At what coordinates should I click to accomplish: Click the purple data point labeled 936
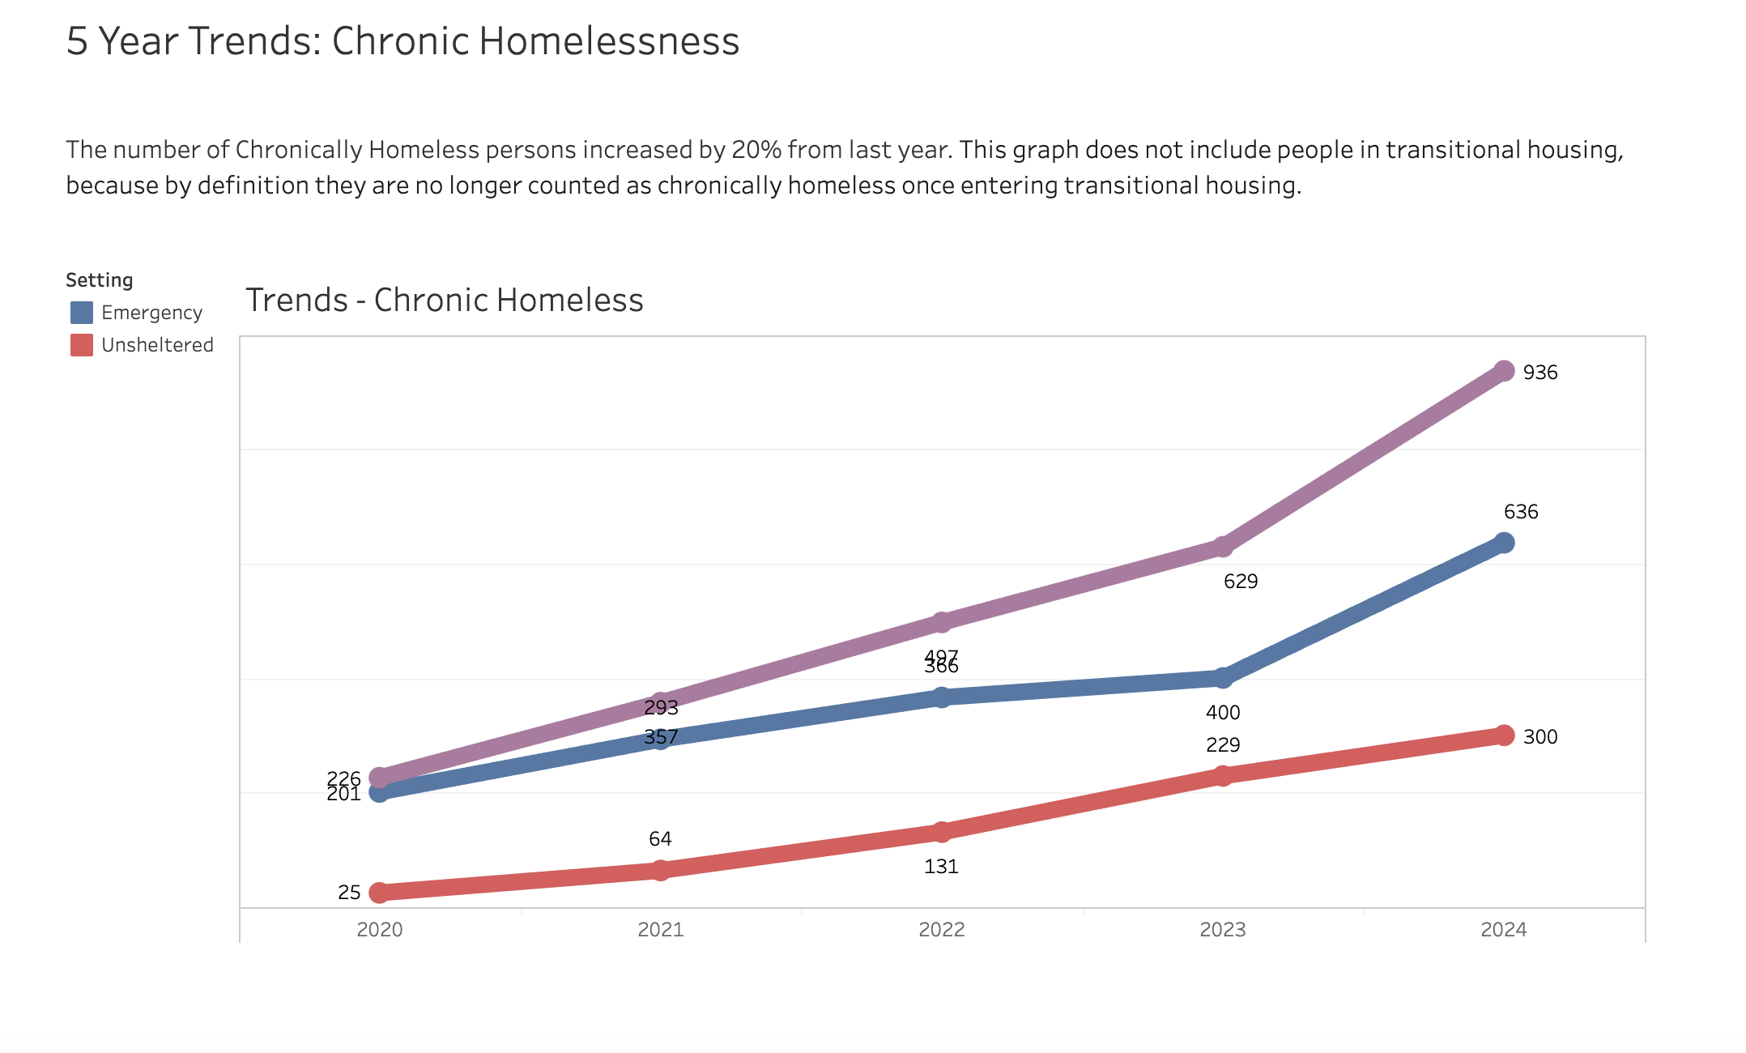(1504, 371)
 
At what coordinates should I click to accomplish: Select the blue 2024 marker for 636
(1504, 543)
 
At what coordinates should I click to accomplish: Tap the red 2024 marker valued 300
(1504, 735)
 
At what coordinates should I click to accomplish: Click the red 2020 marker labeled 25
(379, 893)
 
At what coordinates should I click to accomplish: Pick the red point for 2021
(661, 871)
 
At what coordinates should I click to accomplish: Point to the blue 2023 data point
(1223, 678)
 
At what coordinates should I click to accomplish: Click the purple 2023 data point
(1223, 547)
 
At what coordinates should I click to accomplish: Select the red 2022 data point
(941, 832)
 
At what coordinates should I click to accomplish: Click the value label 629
(1241, 582)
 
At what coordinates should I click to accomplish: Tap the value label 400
(1223, 713)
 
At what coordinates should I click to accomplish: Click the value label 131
(941, 867)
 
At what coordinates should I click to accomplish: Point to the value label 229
(1223, 745)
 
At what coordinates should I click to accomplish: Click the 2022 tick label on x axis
(941, 930)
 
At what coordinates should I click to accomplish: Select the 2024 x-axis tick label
(1504, 930)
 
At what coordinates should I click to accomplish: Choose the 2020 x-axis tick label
(379, 930)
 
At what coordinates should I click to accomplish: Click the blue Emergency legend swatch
(82, 313)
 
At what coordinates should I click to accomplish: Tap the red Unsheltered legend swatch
(82, 345)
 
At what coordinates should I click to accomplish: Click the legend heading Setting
(100, 280)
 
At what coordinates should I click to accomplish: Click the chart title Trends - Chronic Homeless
(444, 300)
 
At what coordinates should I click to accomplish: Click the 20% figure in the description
(756, 150)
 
